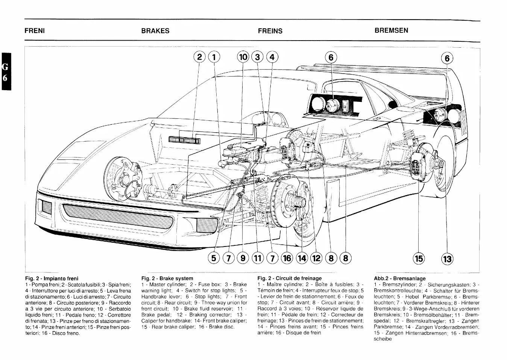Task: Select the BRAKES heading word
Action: click(x=155, y=31)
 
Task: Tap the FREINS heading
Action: click(x=270, y=31)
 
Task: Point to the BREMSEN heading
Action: click(x=391, y=30)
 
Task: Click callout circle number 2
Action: click(x=199, y=57)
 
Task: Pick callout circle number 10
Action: click(x=243, y=57)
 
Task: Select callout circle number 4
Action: click(x=272, y=57)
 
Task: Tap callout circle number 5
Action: click(x=214, y=258)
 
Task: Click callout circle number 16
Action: click(x=287, y=258)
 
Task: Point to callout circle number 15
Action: click(x=419, y=258)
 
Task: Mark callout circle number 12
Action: click(x=316, y=258)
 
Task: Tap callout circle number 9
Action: click(x=243, y=258)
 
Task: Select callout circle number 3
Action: click(x=258, y=57)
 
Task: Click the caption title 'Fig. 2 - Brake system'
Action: click(x=167, y=278)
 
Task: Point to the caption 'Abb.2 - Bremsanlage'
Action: click(x=400, y=278)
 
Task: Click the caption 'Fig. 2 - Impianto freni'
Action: click(x=52, y=278)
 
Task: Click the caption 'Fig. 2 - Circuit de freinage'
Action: click(x=290, y=278)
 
